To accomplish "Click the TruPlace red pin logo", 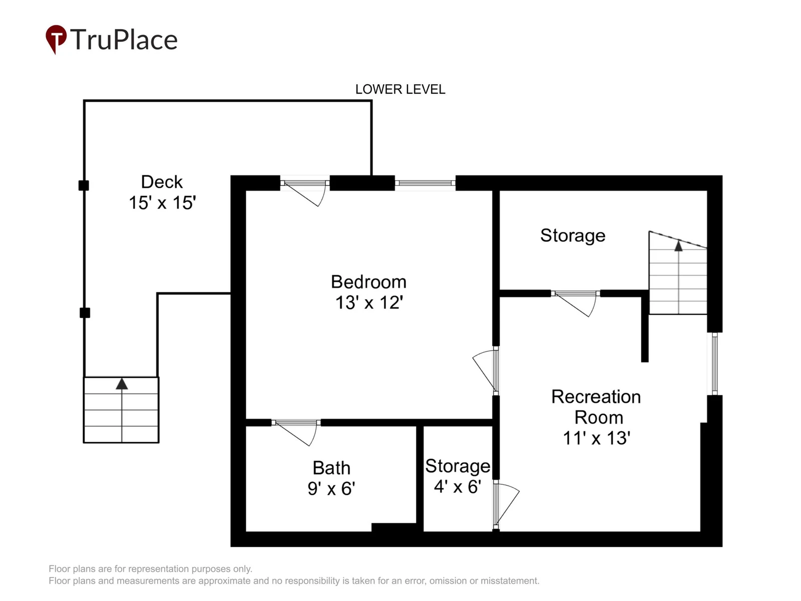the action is pos(56,39).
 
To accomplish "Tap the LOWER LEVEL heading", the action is pos(400,90).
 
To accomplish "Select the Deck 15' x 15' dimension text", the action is pos(162,203).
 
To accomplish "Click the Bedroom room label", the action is pos(368,282).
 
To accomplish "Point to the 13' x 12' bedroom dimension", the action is pos(369,303).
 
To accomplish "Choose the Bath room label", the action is pos(331,468).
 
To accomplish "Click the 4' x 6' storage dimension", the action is pos(458,486).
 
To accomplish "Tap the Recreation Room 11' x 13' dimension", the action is pos(597,438).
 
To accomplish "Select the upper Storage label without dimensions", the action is pos(573,236).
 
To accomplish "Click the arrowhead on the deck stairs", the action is pos(122,384).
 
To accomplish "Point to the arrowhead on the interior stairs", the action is pos(678,245).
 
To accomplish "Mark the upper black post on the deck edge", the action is pos(84,185).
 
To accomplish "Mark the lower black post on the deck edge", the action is pos(85,313).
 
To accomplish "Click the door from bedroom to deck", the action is pos(305,192).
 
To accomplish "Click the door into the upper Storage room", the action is pos(576,303).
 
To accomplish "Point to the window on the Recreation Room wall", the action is pos(714,364).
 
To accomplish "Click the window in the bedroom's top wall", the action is pos(425,183).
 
